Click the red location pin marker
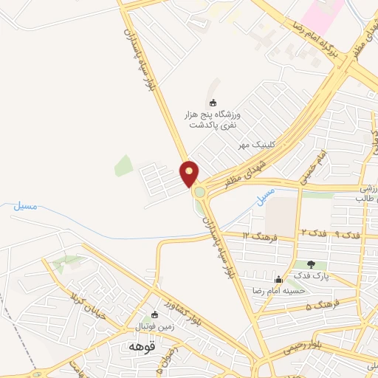click(x=190, y=173)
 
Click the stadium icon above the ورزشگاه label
click(x=215, y=103)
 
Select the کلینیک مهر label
click(x=250, y=146)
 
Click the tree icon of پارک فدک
click(x=310, y=264)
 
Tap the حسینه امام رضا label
click(x=278, y=291)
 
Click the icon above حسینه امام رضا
click(x=278, y=279)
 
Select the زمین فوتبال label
click(x=153, y=326)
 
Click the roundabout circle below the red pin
click(x=199, y=193)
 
